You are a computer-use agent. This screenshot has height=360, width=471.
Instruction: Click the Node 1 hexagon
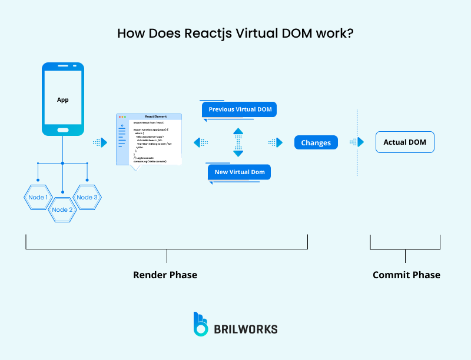point(38,197)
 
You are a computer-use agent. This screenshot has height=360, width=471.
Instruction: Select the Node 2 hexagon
point(62,209)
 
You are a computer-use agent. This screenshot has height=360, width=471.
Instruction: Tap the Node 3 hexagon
point(87,197)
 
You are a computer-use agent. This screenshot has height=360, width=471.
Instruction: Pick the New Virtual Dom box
point(239,172)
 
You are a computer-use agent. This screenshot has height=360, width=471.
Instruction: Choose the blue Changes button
point(316,142)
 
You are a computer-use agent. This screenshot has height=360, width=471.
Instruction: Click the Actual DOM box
point(404,142)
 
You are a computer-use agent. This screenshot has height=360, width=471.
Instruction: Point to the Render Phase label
point(165,275)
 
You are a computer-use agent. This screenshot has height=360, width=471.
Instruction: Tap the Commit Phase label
point(406,275)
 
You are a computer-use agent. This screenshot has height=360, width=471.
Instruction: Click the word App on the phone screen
point(62,99)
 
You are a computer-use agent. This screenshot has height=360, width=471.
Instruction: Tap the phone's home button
point(62,129)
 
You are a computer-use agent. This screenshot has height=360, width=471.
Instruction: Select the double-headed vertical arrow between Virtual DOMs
point(238,142)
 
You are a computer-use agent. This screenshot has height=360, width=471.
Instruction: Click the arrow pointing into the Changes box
point(276,142)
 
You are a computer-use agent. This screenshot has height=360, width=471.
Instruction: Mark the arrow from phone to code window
point(100,142)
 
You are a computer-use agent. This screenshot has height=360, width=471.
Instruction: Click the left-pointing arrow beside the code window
point(201,142)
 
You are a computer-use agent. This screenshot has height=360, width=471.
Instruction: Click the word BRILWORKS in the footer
point(246,329)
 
